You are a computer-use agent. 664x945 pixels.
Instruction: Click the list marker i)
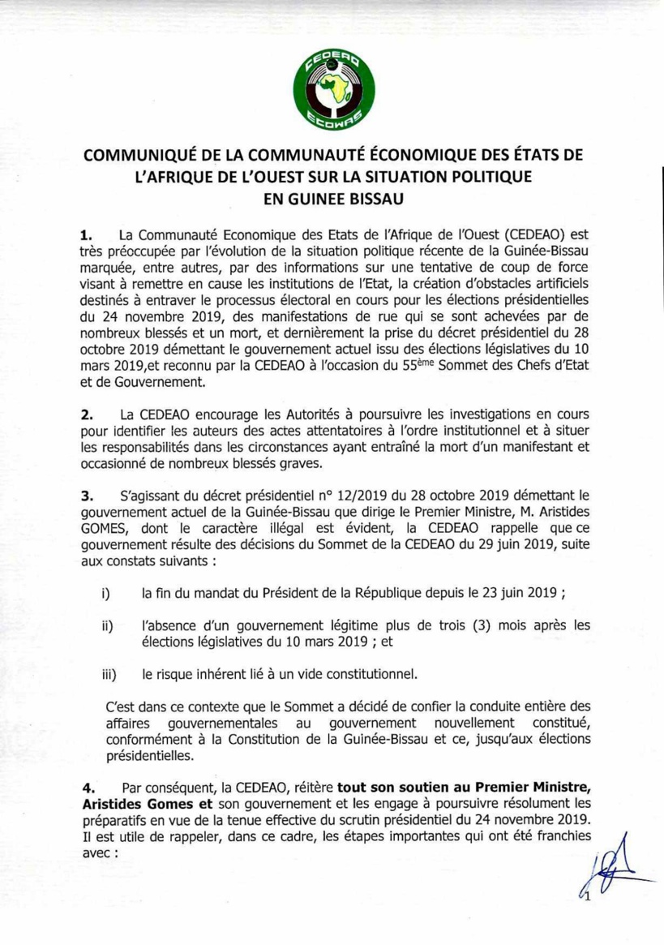pos(105,594)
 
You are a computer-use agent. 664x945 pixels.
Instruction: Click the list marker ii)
pos(106,627)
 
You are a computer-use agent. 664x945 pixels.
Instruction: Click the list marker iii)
pos(108,674)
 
